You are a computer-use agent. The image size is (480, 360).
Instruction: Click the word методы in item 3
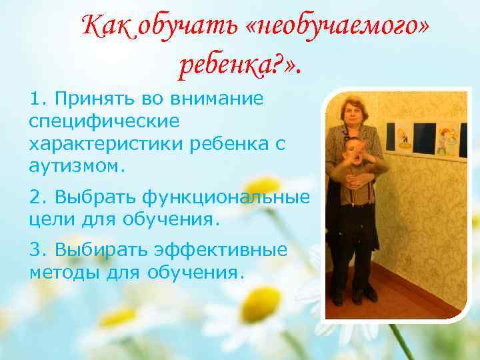click(x=63, y=272)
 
